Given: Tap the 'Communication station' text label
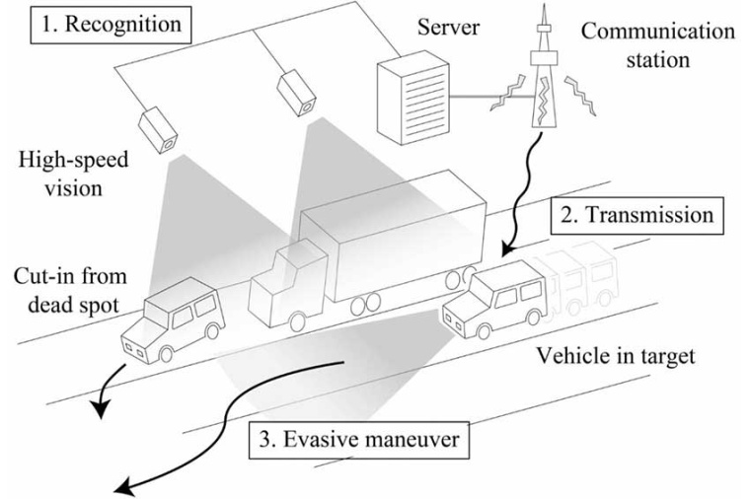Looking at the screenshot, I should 657,45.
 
